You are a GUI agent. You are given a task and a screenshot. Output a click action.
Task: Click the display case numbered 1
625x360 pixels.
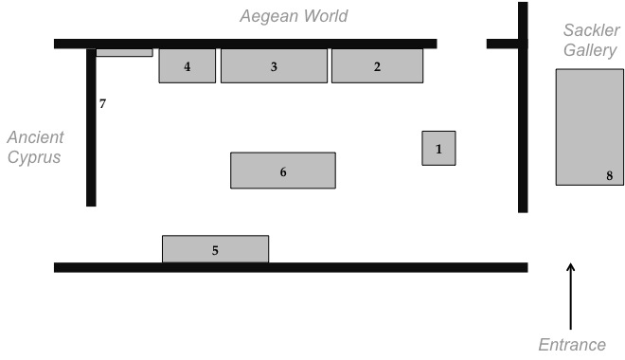click(x=438, y=148)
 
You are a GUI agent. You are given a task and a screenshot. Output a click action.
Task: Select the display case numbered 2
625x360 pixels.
click(x=377, y=65)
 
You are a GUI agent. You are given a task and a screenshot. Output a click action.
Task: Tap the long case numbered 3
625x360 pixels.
click(x=274, y=65)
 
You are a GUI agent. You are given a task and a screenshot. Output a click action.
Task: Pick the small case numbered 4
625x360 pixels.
click(x=187, y=65)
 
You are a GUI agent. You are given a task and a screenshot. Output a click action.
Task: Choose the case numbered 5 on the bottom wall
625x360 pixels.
click(x=215, y=249)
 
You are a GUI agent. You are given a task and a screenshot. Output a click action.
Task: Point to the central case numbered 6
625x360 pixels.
click(x=282, y=171)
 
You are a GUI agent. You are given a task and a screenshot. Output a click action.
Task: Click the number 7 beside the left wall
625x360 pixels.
click(x=102, y=103)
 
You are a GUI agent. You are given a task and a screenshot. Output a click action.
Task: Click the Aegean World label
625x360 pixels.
click(x=294, y=16)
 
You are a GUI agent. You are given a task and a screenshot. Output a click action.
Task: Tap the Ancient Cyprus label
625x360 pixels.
click(x=34, y=147)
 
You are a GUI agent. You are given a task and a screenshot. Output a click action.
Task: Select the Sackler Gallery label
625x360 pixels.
click(x=590, y=41)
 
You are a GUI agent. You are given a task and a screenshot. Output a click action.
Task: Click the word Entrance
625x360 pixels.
click(x=571, y=345)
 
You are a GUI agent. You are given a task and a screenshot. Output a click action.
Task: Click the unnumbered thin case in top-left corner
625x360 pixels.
click(x=124, y=53)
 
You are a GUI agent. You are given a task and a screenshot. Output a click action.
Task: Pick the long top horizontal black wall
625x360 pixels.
click(x=245, y=44)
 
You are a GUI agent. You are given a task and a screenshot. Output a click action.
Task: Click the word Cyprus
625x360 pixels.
click(x=34, y=157)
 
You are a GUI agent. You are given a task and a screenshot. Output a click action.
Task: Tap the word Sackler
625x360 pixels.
click(x=591, y=30)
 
